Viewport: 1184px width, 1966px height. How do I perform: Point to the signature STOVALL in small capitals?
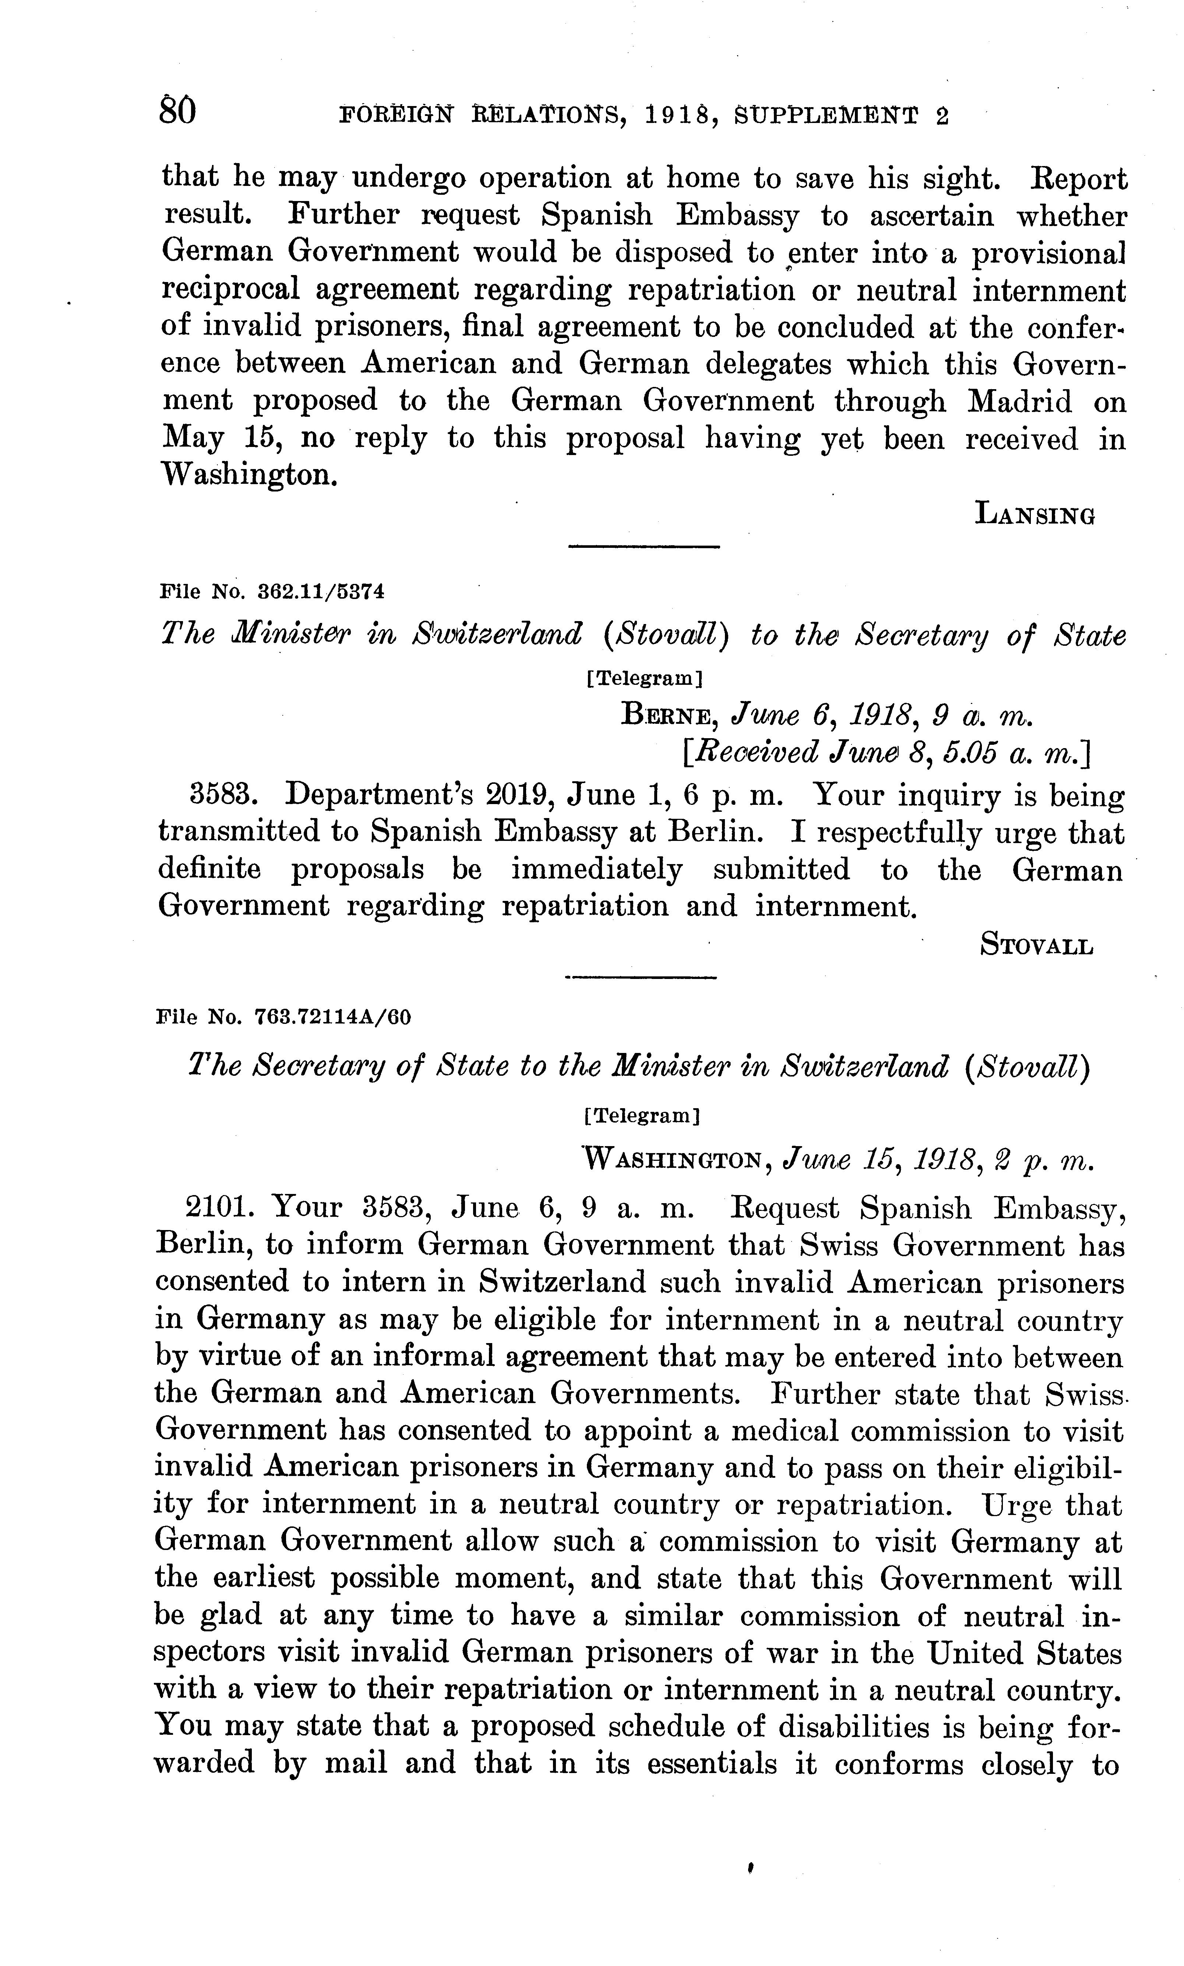coord(1036,946)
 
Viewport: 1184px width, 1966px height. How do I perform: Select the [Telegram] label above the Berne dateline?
coord(643,679)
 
